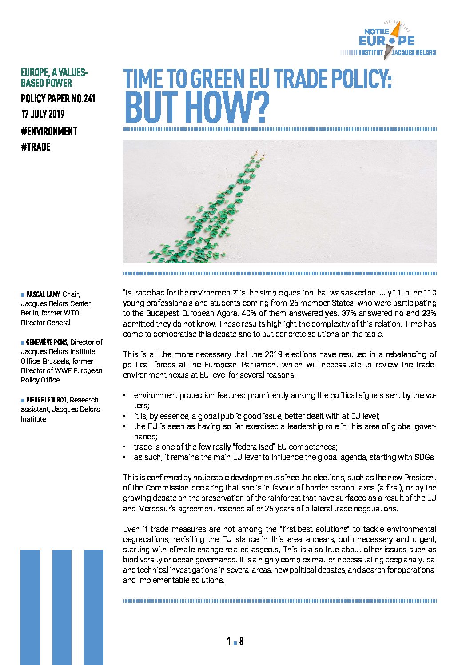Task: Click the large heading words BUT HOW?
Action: click(197, 107)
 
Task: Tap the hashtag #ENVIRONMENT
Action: click(49, 131)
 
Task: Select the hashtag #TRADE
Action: click(36, 147)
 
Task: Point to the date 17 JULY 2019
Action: click(43, 114)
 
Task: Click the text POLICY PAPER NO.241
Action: click(58, 99)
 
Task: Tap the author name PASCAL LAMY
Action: click(43, 295)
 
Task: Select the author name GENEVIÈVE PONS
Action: click(47, 342)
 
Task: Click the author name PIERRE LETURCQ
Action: click(47, 400)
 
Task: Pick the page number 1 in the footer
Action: click(229, 641)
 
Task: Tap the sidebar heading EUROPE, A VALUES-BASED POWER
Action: click(54, 77)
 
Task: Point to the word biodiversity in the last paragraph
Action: click(142, 560)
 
